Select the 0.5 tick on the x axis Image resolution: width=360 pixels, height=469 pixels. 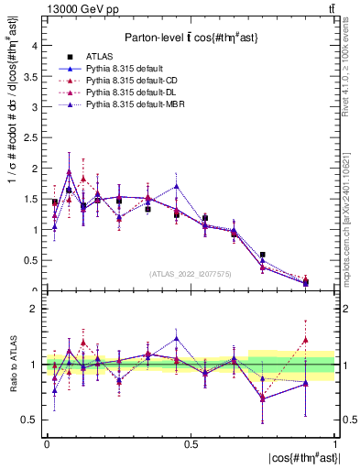point(191,444)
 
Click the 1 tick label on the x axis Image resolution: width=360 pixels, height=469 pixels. point(335,444)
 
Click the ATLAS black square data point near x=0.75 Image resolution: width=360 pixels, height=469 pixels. point(263,256)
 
